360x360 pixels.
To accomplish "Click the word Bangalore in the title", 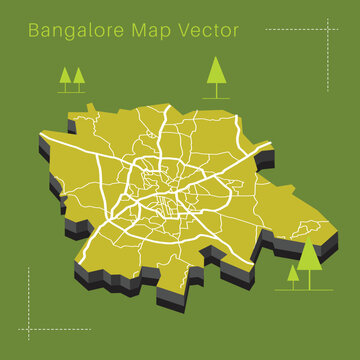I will [77, 30].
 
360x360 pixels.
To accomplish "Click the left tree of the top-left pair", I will [66, 75].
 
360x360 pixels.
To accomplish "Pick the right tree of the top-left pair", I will [78, 75].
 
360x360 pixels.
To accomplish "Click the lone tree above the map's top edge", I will [215, 72].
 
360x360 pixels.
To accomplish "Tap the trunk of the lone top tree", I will [215, 90].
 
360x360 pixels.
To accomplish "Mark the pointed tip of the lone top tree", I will [215, 57].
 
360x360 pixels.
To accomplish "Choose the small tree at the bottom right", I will [293, 272].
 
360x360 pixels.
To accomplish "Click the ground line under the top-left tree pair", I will [72, 92].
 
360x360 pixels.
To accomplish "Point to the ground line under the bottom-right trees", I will [305, 289].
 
